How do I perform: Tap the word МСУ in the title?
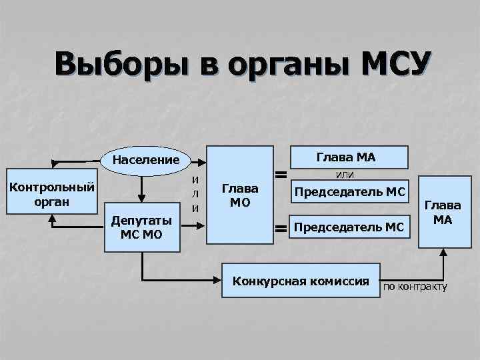tap(396, 67)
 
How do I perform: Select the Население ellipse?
tap(146, 160)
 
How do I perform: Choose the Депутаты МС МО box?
tap(142, 228)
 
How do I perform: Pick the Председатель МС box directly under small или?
tap(350, 193)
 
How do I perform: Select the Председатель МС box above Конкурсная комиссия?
tap(349, 228)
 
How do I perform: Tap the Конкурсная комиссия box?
tap(300, 281)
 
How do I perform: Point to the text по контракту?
tap(414, 287)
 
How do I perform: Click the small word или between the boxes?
tap(345, 175)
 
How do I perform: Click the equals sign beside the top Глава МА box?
tap(281, 175)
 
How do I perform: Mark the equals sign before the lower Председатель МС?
tap(281, 229)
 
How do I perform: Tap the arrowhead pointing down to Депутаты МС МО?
tap(142, 197)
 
